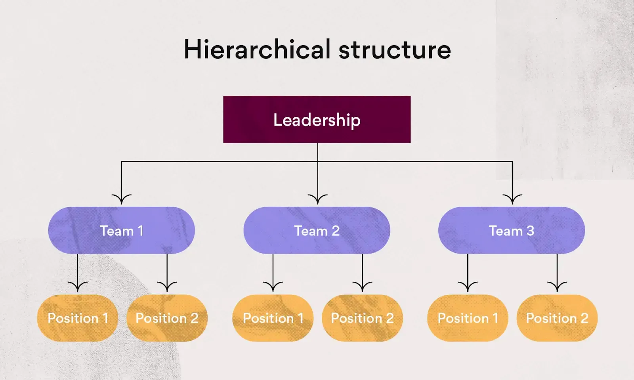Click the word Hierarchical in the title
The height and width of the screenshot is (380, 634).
pos(257,49)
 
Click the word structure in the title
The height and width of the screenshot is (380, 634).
pos(395,50)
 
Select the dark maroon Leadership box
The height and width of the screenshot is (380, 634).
pos(317,119)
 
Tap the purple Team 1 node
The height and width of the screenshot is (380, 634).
pos(121,230)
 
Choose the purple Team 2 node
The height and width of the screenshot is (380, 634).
pos(317,230)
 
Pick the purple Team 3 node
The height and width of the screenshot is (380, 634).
pos(512,230)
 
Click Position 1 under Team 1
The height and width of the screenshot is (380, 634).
pos(78,318)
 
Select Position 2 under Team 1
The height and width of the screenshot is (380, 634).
pos(167,318)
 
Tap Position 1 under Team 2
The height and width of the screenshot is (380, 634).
pos(273,318)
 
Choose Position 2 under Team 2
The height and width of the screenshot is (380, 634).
pos(362,318)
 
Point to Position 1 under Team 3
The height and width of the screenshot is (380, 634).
pos(468,318)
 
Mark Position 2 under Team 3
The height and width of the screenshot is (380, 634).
pos(557,318)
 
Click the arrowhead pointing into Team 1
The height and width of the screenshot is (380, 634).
pos(121,199)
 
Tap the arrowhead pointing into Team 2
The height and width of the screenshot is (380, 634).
pos(317,199)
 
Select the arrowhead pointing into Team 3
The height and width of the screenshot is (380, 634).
pos(512,199)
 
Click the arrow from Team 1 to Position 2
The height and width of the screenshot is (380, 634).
pos(167,273)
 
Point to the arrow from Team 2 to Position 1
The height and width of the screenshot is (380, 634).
pos(273,273)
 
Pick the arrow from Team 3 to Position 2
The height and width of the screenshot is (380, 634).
pos(557,273)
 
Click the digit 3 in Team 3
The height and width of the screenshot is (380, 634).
pos(530,231)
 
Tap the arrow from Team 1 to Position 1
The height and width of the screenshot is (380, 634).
pos(78,273)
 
